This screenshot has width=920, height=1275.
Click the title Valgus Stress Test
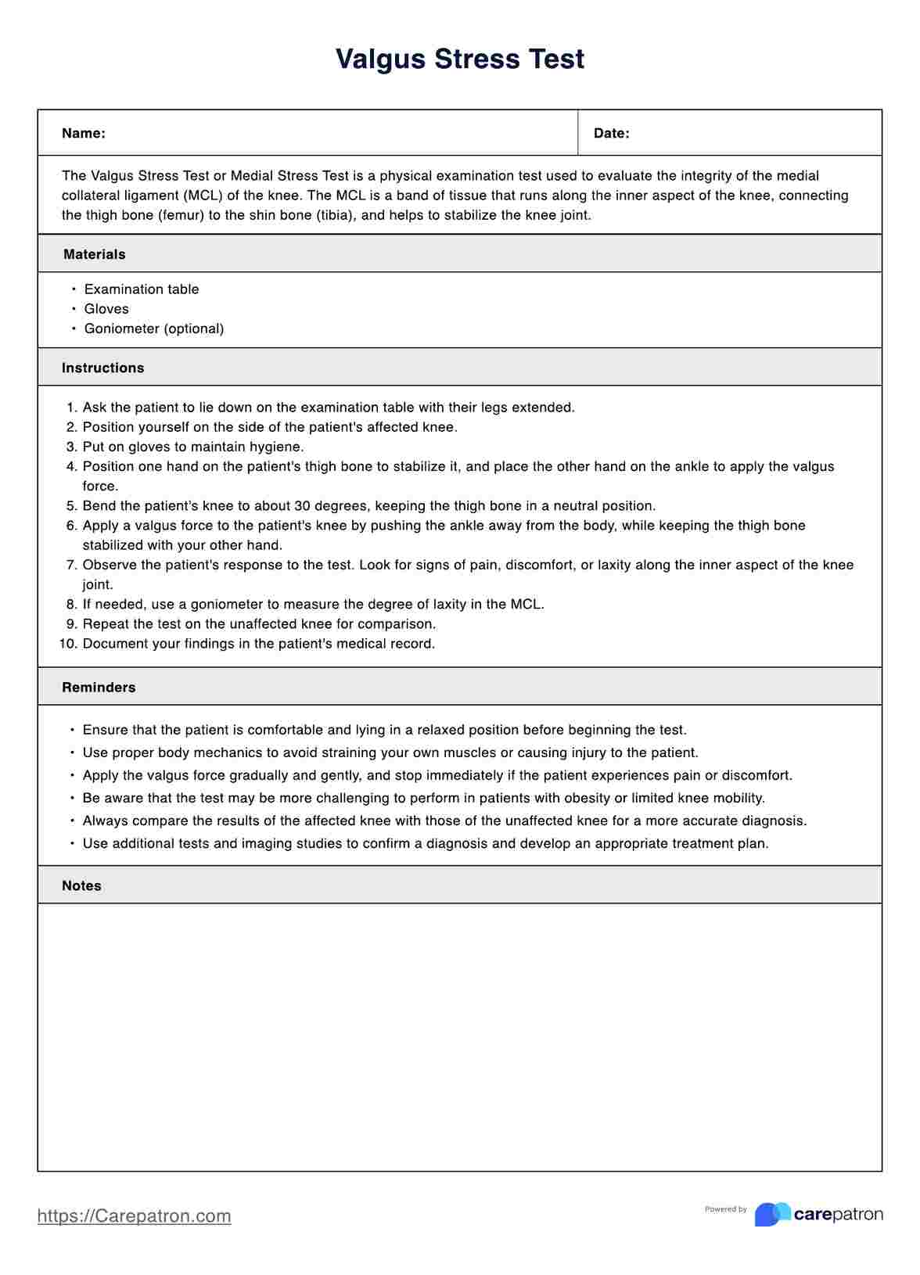click(x=460, y=59)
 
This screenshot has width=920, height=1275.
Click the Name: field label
click(x=84, y=133)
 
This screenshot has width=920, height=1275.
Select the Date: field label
click(x=611, y=133)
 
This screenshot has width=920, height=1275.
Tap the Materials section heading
click(x=94, y=254)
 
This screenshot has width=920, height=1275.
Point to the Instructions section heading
click(x=102, y=368)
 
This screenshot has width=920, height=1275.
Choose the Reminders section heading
click(x=99, y=688)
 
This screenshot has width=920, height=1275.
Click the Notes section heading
click(x=81, y=885)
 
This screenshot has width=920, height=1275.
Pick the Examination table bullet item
click(x=142, y=289)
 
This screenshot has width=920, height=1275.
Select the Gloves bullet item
click(x=106, y=309)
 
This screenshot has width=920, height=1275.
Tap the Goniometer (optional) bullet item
click(x=154, y=329)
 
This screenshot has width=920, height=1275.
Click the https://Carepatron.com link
click(x=135, y=1216)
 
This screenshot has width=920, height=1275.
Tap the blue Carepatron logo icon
click(x=772, y=1214)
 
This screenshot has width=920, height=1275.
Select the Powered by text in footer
click(x=725, y=1209)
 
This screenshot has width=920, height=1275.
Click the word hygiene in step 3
click(x=279, y=447)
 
